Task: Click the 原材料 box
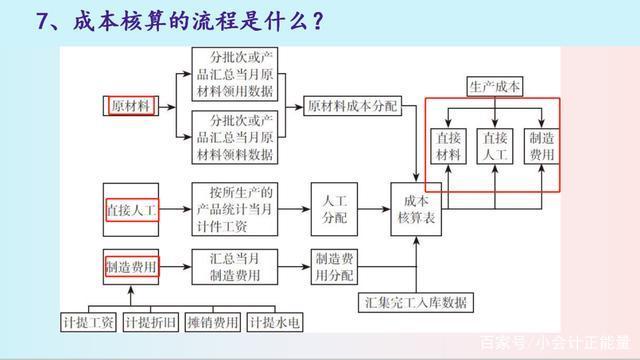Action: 131,105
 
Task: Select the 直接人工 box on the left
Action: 132,210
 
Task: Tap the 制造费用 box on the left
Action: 132,266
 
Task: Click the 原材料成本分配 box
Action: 351,105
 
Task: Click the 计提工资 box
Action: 88,321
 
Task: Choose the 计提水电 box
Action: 275,321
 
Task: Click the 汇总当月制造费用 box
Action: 232,265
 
